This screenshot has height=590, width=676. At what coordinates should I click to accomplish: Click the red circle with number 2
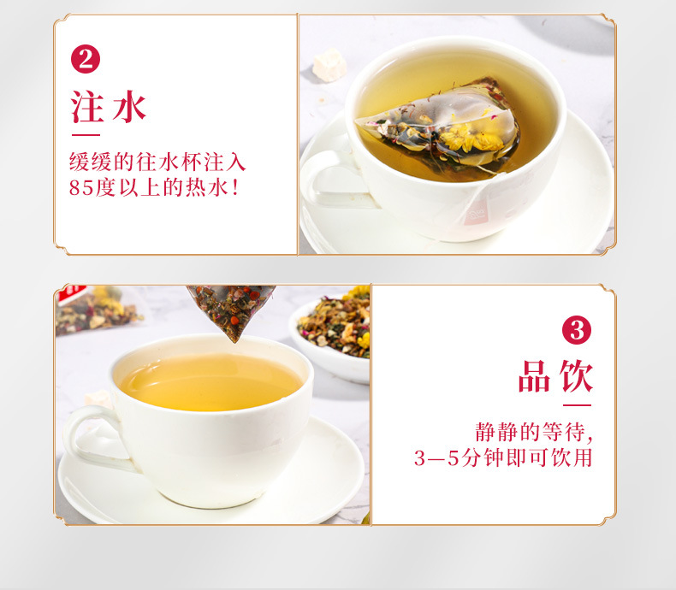[85, 60]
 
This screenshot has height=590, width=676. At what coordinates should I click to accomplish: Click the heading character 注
[88, 108]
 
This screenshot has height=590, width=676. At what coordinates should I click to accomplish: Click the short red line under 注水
[85, 134]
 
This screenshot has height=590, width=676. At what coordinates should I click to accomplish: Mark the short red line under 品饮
[578, 404]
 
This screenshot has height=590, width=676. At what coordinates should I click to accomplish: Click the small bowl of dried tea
[329, 333]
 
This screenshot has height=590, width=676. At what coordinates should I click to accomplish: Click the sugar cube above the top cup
[330, 63]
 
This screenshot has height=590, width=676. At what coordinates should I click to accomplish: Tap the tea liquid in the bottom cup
[210, 381]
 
